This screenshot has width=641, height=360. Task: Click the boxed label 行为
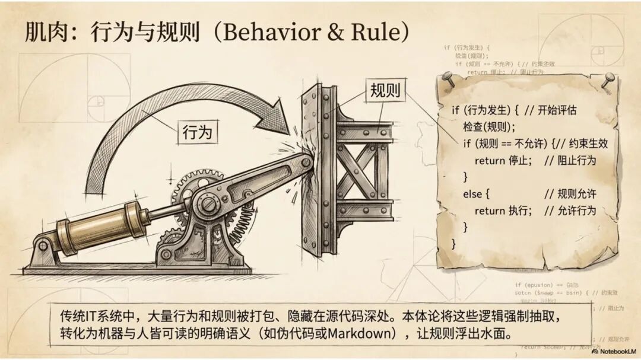click(x=197, y=132)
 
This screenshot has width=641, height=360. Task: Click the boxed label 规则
click(x=385, y=91)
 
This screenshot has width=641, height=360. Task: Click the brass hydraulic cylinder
click(x=101, y=224)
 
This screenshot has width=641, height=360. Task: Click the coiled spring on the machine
click(x=243, y=231)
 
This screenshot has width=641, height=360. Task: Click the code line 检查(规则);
click(x=490, y=126)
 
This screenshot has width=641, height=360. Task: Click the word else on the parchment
click(x=474, y=194)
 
